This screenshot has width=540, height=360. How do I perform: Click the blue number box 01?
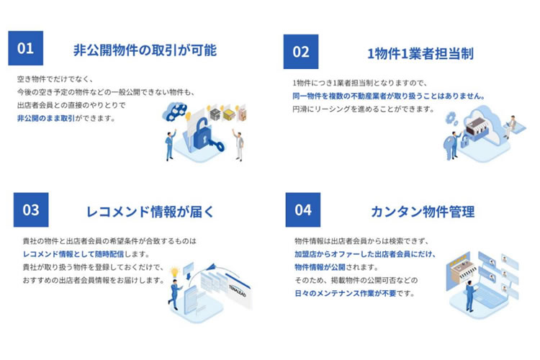pyautogui.click(x=26, y=48)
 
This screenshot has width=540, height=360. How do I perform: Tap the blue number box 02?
pyautogui.click(x=301, y=52)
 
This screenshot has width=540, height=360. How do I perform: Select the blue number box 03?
pyautogui.click(x=31, y=210)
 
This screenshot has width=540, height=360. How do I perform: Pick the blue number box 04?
pyautogui.click(x=303, y=210)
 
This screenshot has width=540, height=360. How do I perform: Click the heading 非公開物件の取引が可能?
pyautogui.click(x=145, y=50)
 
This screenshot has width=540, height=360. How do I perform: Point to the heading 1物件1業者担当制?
pyautogui.click(x=420, y=54)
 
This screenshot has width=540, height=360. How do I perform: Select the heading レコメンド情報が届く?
pyautogui.click(x=150, y=212)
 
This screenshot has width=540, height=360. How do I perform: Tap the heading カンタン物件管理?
pyautogui.click(x=423, y=212)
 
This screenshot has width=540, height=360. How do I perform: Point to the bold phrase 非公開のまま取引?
pyautogui.click(x=46, y=118)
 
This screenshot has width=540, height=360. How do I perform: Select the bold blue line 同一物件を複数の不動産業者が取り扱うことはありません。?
pyautogui.click(x=389, y=96)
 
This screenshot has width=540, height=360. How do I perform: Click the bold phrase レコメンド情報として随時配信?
pyautogui.click(x=73, y=254)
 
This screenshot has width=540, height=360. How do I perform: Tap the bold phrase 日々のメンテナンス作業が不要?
pyautogui.click(x=346, y=294)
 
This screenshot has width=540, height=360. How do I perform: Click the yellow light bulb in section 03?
pyautogui.click(x=175, y=272)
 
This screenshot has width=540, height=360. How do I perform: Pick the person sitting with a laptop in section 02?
pyautogui.click(x=512, y=126)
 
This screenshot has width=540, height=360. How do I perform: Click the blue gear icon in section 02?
pyautogui.click(x=451, y=118)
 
